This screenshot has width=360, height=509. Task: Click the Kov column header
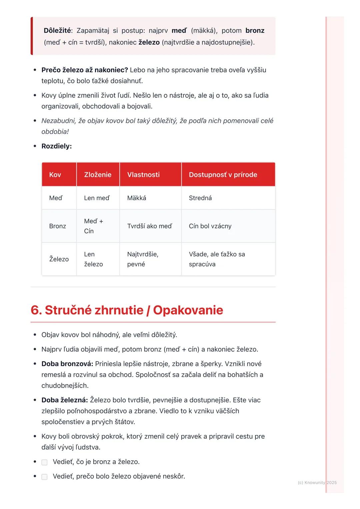coord(55,175)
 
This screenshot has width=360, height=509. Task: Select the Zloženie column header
coord(98,175)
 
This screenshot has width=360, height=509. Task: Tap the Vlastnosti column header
coord(143,175)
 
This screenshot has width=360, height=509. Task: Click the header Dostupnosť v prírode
coord(223,175)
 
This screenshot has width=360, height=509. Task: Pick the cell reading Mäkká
coord(137,198)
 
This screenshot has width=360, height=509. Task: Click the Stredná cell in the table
coord(200,198)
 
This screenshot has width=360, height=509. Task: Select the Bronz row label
coord(58,226)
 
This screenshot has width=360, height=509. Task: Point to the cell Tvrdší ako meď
coord(150,226)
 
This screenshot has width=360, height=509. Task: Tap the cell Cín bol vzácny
coord(210,226)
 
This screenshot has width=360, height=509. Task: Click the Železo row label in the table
coord(59,259)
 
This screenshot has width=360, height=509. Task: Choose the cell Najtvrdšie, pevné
coord(143,259)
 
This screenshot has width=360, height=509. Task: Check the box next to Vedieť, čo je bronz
coord(44,462)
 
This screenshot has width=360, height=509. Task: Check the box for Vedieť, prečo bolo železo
coord(44,477)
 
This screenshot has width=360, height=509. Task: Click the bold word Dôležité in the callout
coord(57,31)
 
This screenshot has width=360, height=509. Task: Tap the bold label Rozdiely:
coord(57,146)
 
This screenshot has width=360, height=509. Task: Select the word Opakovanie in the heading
coord(188,310)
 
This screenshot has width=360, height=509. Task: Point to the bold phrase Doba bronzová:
coord(67,364)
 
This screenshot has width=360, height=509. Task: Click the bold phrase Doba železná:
coord(65,400)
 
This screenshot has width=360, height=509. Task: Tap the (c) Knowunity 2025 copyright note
coord(317,482)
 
